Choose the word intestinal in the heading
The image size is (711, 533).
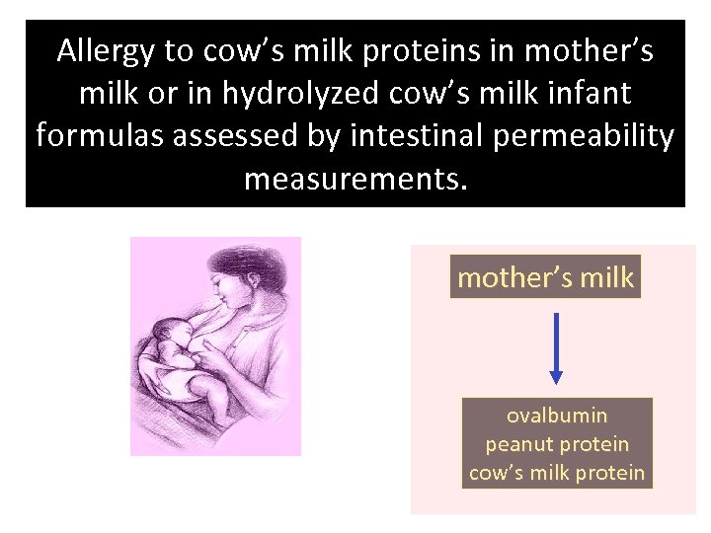(402, 136)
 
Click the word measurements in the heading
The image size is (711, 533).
(353, 179)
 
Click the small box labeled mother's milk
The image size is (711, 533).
(545, 277)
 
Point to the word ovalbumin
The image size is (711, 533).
(557, 416)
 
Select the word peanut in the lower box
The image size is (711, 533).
(516, 444)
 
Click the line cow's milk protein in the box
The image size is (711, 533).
(557, 473)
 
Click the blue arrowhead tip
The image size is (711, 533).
(556, 380)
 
